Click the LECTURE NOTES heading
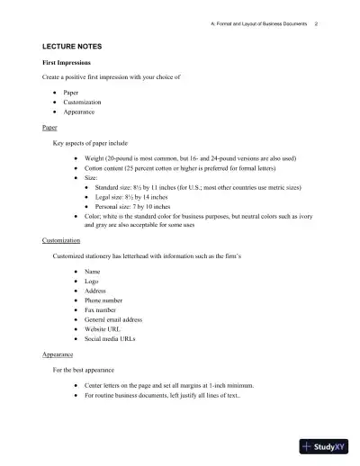coord(70,44)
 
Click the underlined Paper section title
coord(49,128)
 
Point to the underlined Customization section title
coord(61,241)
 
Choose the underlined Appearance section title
coord(58,355)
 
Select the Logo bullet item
coord(92,282)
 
